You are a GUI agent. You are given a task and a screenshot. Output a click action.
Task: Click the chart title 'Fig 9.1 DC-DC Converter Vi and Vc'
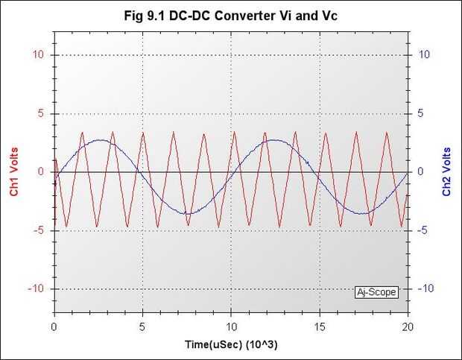pyautogui.click(x=231, y=15)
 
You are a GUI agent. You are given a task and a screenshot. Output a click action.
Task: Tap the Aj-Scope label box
pyautogui.click(x=376, y=292)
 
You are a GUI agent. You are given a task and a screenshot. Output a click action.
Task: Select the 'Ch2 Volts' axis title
pyautogui.click(x=447, y=171)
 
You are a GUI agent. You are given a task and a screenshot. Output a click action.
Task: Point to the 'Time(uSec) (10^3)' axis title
pyautogui.click(x=231, y=346)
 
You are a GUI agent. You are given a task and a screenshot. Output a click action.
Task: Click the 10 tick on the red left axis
pyautogui.click(x=37, y=55)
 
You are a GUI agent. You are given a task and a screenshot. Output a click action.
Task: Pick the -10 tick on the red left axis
pyautogui.click(x=34, y=289)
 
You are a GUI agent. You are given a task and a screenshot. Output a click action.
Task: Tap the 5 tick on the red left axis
pyautogui.click(x=40, y=114)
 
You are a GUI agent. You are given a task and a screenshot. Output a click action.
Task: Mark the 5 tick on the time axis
pyautogui.click(x=142, y=326)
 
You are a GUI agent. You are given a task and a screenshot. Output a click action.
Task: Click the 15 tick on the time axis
pyautogui.click(x=319, y=326)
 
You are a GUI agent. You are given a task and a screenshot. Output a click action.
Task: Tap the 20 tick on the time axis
pyautogui.click(x=407, y=326)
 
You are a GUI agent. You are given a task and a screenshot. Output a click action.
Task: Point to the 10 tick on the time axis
pyautogui.click(x=231, y=326)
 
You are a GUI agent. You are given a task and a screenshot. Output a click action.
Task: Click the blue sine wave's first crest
pyautogui.click(x=100, y=140)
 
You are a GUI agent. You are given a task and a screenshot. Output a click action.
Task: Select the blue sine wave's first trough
pyautogui.click(x=188, y=214)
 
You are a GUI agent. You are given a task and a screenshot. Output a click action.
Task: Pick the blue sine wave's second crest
pyautogui.click(x=275, y=140)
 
